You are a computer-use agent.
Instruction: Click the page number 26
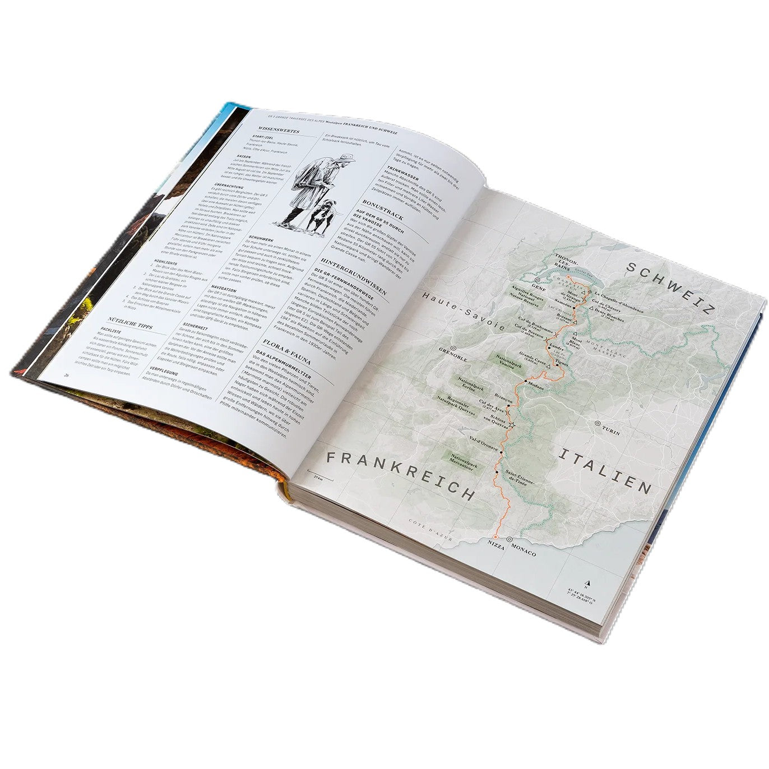coord(67,376)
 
